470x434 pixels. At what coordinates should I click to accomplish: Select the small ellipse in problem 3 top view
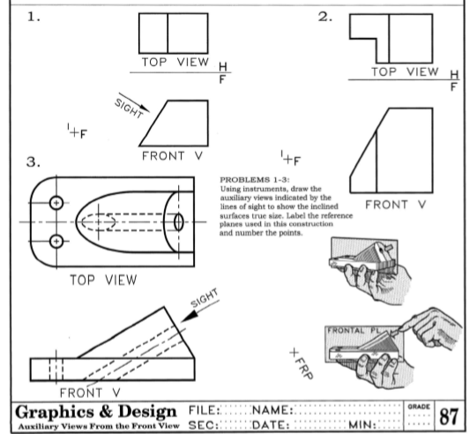point(179,221)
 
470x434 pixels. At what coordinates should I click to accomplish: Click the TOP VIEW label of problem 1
point(176,64)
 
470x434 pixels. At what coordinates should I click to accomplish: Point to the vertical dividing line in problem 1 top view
point(168,33)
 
